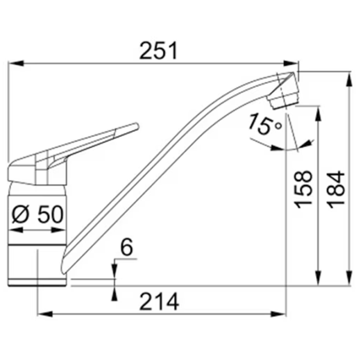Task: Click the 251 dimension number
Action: [x=158, y=51]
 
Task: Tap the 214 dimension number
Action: [x=159, y=302]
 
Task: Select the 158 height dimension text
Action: [x=304, y=190]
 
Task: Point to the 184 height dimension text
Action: [x=336, y=190]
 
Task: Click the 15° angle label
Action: [x=265, y=124]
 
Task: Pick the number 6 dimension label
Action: [x=127, y=247]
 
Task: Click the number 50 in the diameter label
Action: [x=50, y=214]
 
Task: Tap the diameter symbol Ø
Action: [x=20, y=214]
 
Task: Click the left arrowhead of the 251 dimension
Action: [x=16, y=64]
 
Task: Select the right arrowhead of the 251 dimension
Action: [x=291, y=64]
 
